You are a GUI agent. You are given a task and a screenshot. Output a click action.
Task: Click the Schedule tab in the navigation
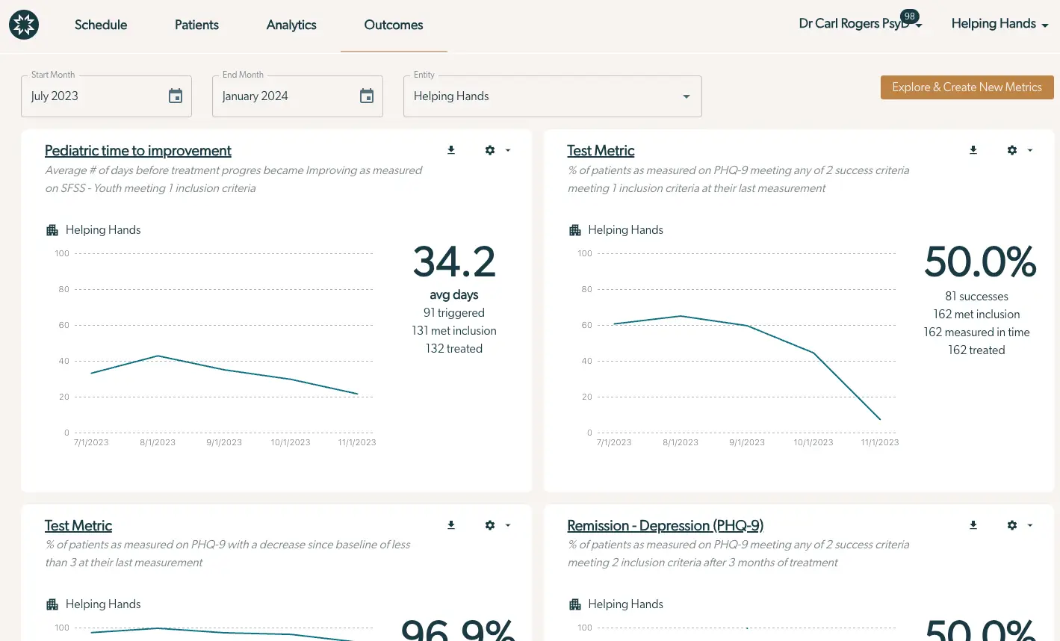[x=101, y=25]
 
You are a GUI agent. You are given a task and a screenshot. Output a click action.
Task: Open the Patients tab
[x=196, y=25]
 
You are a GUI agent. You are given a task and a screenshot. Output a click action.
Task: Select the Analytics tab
[x=291, y=25]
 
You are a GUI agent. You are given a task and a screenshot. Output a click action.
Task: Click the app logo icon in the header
[x=24, y=25]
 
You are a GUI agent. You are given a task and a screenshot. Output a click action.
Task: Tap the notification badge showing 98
[x=909, y=16]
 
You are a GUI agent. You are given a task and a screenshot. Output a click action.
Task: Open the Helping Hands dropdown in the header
[x=999, y=24]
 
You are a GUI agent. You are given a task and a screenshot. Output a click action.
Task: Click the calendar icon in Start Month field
[x=176, y=96]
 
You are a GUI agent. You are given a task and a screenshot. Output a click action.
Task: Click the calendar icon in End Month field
[x=367, y=96]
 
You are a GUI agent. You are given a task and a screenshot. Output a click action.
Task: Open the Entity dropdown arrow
[x=686, y=96]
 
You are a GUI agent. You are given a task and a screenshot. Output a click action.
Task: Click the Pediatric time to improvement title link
[x=138, y=151]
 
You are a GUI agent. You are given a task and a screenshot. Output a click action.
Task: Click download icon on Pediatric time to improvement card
[x=451, y=150]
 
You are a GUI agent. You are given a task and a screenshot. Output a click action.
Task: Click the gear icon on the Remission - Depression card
[x=1012, y=525]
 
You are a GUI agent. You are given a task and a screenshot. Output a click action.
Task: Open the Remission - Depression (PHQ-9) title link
[x=665, y=525]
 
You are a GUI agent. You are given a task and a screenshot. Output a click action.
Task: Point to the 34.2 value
[x=454, y=262]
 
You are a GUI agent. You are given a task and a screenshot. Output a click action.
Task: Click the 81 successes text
[x=976, y=297]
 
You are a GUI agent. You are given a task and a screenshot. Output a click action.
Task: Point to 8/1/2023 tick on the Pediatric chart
[x=158, y=442]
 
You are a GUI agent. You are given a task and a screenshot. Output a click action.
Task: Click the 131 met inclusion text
[x=454, y=331]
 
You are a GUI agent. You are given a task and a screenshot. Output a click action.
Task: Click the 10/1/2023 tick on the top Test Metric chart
[x=813, y=442]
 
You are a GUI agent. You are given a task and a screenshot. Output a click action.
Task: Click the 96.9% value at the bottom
[x=457, y=629]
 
